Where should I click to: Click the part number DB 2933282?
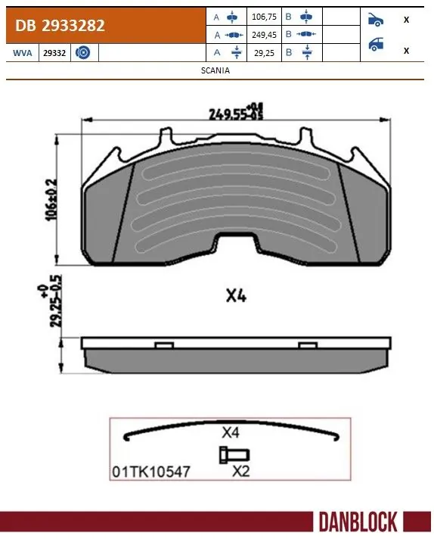click(x=57, y=26)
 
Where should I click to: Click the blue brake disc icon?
click(x=83, y=52)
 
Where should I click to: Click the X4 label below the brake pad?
click(x=237, y=297)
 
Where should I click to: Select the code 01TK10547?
click(x=150, y=470)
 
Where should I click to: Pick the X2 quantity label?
click(x=240, y=470)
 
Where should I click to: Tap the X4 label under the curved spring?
click(x=231, y=434)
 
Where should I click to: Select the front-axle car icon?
click(x=376, y=19)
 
